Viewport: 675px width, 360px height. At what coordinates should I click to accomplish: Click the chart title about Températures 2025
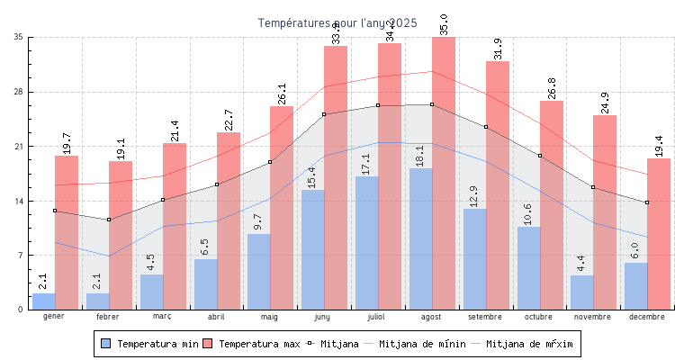point(337,22)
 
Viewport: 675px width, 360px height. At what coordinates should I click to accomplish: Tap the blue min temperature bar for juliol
point(366,243)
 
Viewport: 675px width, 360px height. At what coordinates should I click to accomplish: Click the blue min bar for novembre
point(581,292)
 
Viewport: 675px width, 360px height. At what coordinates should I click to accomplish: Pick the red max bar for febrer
point(121,235)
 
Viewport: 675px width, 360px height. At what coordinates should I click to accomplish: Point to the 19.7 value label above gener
point(67,143)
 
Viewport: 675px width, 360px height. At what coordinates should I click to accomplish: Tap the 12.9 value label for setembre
point(474,196)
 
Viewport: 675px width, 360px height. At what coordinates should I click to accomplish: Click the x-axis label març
point(162,317)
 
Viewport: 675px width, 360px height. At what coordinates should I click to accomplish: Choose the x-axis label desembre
point(647,317)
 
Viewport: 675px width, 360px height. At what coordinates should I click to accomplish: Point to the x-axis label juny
point(323,317)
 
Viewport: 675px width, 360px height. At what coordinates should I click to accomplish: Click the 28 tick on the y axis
point(19,92)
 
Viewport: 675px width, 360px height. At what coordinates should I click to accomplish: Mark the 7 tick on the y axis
point(21,256)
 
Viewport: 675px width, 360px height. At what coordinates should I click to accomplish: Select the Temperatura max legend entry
point(251,344)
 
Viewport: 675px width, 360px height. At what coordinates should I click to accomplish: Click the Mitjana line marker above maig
point(270,162)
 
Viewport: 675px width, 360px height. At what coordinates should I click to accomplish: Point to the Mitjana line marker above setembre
point(486,127)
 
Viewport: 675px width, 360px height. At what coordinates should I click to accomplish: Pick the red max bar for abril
point(229,220)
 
